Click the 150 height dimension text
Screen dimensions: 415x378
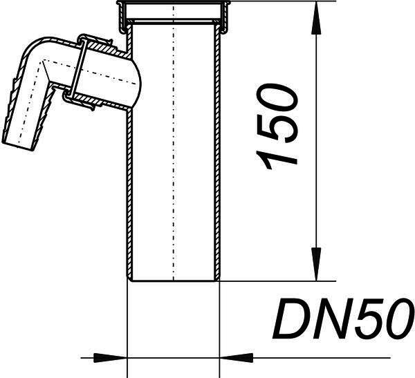277,126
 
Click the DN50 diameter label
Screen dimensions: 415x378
344,319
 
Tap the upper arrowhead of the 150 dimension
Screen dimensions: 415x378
317,18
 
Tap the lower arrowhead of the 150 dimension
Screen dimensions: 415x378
317,264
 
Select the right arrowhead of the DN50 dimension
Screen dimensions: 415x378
236,358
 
